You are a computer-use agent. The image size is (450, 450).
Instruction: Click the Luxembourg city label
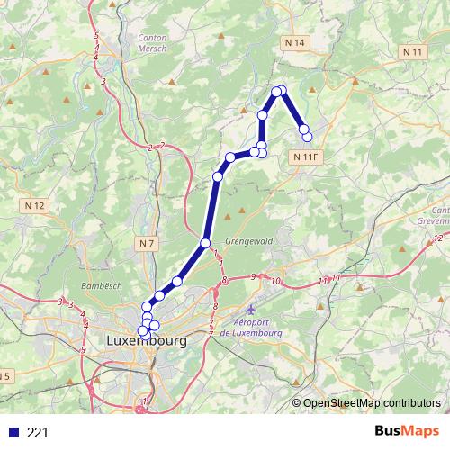[146, 342]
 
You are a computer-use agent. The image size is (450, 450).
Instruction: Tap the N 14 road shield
[294, 43]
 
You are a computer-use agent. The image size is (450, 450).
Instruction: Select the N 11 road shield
[413, 52]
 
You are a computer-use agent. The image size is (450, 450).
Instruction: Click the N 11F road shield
[306, 157]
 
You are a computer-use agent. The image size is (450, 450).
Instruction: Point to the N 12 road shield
[35, 206]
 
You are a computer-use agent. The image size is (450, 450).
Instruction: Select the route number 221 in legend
[38, 433]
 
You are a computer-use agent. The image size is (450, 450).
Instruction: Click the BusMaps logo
[408, 432]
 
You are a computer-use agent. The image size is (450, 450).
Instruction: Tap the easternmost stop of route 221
[307, 137]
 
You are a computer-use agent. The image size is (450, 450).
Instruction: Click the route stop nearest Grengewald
[205, 243]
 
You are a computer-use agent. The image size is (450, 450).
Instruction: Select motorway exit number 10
[275, 282]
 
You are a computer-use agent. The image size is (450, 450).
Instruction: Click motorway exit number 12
[438, 237]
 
